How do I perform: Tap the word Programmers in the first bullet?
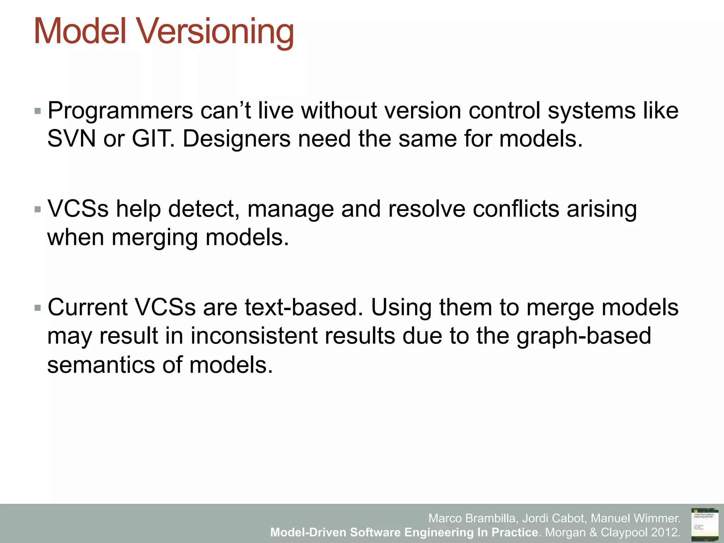120,111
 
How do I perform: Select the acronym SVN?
71,139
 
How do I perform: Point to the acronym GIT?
151,139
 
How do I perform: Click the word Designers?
236,139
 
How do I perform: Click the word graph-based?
584,336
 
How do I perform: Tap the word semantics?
101,365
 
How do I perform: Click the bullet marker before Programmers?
38,111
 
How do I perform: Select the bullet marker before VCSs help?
38,210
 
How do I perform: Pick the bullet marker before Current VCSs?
38,308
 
